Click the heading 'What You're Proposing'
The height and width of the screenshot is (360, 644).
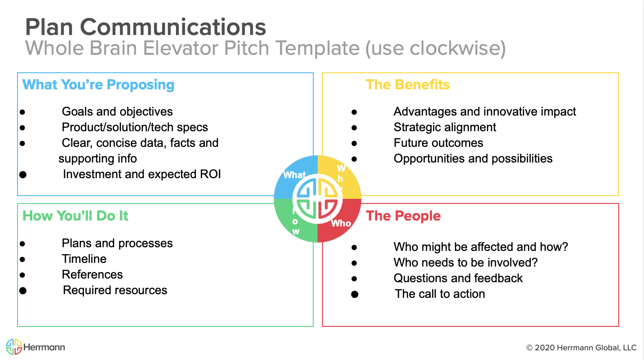98,85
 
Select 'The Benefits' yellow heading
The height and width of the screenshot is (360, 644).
408,85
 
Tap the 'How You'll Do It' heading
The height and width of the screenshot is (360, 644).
76,216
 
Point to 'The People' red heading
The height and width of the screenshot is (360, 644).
403,216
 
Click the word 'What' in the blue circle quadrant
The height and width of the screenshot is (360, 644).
294,175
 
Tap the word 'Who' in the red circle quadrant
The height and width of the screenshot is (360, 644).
341,223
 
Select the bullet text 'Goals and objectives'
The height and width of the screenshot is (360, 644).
117,112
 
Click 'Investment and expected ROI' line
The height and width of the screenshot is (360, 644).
142,174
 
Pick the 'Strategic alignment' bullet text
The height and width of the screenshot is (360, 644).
445,128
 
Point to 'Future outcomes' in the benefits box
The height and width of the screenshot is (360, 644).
438,143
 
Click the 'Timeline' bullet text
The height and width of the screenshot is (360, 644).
84,259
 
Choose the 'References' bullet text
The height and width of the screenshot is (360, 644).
92,275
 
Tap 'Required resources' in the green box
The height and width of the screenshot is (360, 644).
115,290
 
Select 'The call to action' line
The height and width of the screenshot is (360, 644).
440,294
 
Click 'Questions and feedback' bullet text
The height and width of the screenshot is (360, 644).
458,279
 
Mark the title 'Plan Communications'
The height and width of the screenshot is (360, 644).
146,27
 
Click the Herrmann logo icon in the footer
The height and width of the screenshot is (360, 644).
14,347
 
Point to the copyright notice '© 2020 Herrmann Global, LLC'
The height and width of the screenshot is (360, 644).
581,348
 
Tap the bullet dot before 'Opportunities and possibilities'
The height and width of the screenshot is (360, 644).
354,159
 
